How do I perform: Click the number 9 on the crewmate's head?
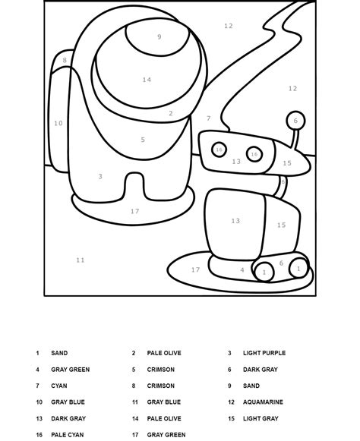tap(159, 36)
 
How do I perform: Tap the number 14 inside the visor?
tap(147, 80)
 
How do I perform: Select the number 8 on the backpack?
tap(65, 60)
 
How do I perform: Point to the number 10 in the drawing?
tap(58, 123)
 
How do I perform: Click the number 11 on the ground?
tap(81, 260)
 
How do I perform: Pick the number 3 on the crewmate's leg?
tap(100, 177)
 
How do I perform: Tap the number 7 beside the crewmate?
tap(209, 118)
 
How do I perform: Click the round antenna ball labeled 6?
tap(295, 120)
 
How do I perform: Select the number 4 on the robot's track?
tap(242, 269)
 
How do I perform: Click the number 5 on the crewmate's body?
tap(143, 140)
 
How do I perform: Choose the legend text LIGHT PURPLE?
tap(264, 353)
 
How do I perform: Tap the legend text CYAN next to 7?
tap(58, 386)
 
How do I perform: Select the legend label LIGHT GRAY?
tap(261, 418)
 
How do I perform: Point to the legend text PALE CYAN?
tap(67, 435)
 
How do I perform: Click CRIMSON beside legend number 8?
tap(160, 386)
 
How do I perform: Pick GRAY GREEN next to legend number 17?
tap(166, 435)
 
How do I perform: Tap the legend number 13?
tap(39, 418)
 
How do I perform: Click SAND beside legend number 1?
tap(58, 353)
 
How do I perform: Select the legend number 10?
tap(39, 402)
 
